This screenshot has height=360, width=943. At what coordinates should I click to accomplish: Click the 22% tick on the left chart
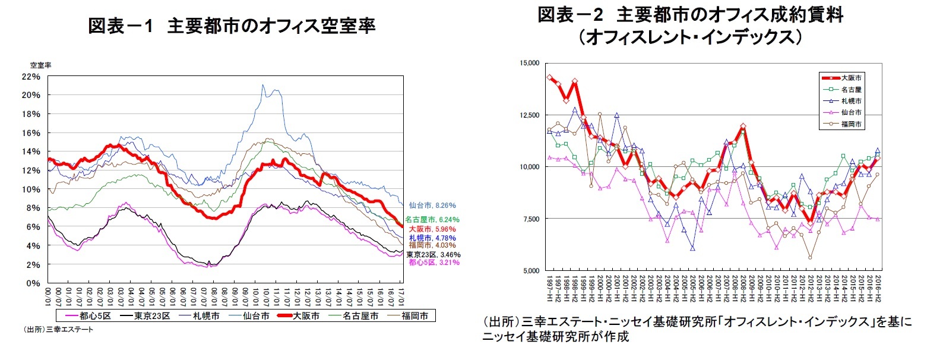[x=31, y=77]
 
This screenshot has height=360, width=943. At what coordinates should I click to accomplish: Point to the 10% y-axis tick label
[x=31, y=190]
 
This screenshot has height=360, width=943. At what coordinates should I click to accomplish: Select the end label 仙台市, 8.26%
[x=432, y=206]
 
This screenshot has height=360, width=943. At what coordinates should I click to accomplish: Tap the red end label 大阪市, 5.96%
[x=432, y=229]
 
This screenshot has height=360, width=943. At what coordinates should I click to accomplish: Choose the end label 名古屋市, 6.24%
[x=432, y=220]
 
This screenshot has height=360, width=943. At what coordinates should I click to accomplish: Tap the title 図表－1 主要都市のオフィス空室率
[x=232, y=26]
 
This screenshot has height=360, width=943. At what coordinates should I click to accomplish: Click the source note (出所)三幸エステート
[x=58, y=329]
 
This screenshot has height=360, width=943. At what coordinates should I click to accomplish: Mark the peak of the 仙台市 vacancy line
[x=264, y=85]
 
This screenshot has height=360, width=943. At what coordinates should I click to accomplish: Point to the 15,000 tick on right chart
[x=529, y=63]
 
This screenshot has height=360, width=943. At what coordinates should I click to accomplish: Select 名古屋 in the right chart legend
[x=850, y=89]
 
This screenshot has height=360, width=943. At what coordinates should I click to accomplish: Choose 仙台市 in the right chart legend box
[x=850, y=112]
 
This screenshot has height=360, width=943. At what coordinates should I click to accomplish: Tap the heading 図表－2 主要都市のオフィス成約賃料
[x=690, y=15]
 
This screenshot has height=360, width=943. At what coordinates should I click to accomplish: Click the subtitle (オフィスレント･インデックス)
[x=690, y=37]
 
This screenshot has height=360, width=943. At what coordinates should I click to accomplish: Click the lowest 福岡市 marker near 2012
[x=809, y=257]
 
